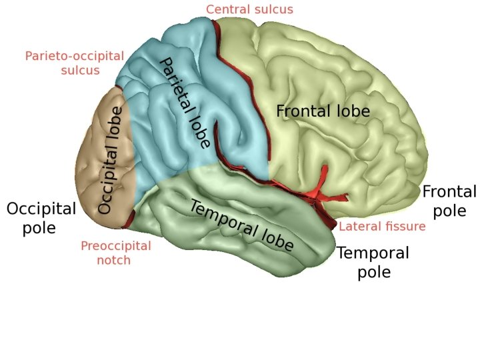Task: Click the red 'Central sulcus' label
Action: pyautogui.click(x=249, y=9)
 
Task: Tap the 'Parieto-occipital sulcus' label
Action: pyautogui.click(x=75, y=63)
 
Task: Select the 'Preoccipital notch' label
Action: pyautogui.click(x=115, y=253)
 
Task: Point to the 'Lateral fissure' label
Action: pyautogui.click(x=382, y=227)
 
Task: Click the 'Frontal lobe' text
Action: pyautogui.click(x=323, y=111)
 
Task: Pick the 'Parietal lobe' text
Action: pyautogui.click(x=185, y=102)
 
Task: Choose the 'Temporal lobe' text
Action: pyautogui.click(x=241, y=225)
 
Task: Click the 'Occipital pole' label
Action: pyautogui.click(x=41, y=218)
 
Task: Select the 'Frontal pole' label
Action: pyautogui.click(x=449, y=201)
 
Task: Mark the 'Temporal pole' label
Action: pyautogui.click(x=373, y=262)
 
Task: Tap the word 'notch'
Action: pyautogui.click(x=115, y=260)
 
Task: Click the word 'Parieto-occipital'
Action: pyautogui.click(x=75, y=56)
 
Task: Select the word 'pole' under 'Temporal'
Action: pyautogui.click(x=373, y=272)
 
